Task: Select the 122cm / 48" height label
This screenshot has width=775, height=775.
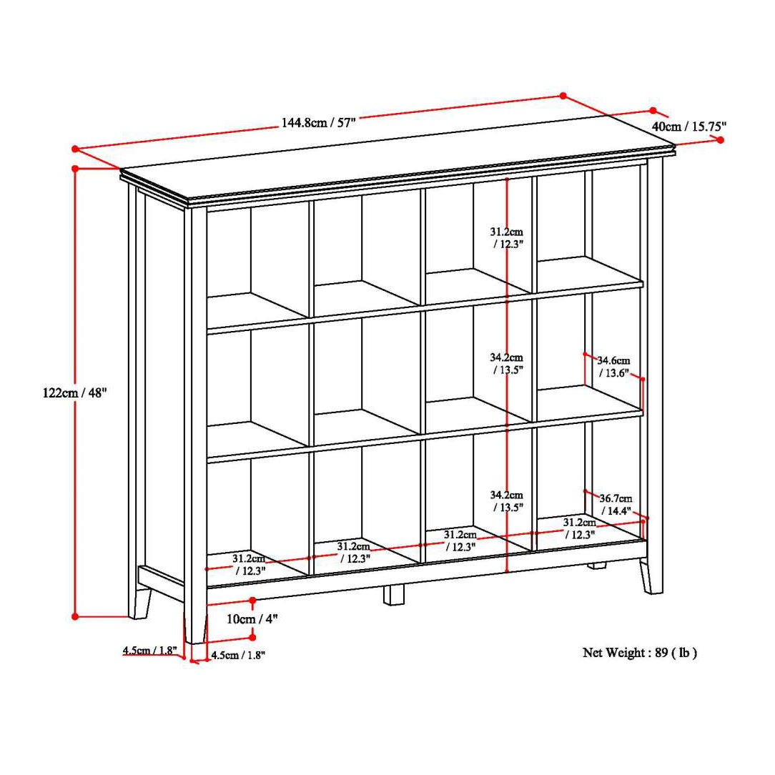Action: tap(74, 393)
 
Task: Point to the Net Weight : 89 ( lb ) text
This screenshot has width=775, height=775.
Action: tap(639, 652)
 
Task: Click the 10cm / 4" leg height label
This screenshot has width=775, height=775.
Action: tap(252, 619)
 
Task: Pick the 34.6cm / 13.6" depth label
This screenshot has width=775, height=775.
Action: tap(613, 366)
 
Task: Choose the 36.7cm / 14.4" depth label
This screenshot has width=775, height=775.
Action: tap(615, 504)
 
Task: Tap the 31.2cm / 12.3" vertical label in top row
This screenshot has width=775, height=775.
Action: tap(507, 237)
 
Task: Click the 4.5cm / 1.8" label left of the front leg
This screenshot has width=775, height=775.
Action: tap(149, 651)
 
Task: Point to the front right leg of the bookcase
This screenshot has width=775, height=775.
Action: tap(650, 576)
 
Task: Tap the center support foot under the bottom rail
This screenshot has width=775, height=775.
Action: tap(393, 595)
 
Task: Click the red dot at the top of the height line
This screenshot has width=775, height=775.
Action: tap(75, 169)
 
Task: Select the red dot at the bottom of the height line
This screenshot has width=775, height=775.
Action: tap(75, 616)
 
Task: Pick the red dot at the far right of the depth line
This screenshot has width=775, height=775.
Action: tap(720, 140)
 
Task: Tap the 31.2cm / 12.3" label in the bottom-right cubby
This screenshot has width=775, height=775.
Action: tap(579, 528)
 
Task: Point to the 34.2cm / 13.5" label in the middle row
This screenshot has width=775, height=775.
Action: tap(507, 363)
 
